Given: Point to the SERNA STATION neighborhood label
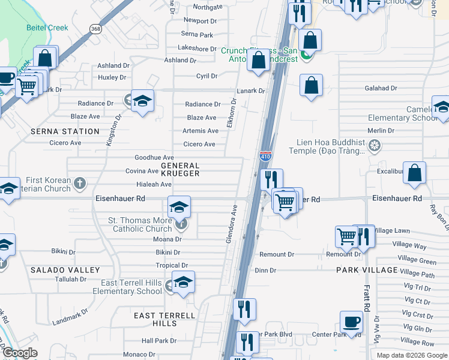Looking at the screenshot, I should coord(65,131).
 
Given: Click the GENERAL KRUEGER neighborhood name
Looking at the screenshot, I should coord(179,169).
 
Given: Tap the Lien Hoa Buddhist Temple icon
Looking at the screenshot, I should coord(375,146).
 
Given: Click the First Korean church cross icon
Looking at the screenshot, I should coord(79,182).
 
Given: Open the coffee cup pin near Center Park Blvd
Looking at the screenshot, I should coord(351,322).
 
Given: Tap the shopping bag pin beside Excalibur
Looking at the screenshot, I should coord(415,173).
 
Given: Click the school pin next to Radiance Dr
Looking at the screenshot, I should coord(143,101).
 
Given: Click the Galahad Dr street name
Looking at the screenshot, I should coord(381,88).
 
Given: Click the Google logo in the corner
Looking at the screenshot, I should coord(20,353).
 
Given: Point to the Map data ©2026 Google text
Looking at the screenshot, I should coord(412,355).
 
